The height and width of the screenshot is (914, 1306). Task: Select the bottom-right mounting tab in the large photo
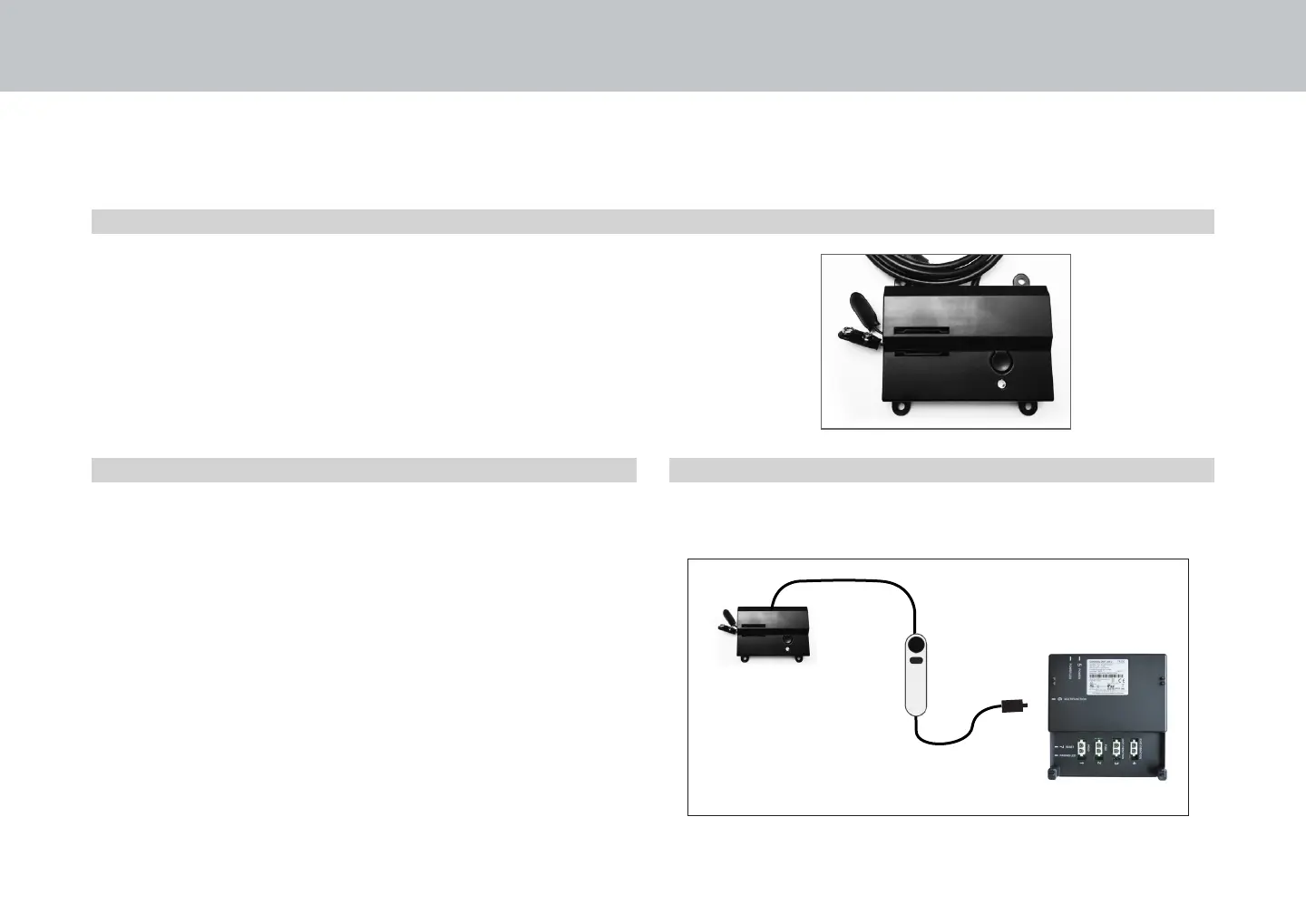click(x=1029, y=410)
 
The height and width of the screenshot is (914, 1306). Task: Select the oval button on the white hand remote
click(x=917, y=663)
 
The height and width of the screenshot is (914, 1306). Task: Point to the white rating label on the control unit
click(x=1119, y=680)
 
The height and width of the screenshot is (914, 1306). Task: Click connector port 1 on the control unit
click(x=1083, y=748)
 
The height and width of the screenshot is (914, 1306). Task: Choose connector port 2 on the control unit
click(x=1100, y=748)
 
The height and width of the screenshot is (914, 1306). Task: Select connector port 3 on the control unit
click(x=1117, y=748)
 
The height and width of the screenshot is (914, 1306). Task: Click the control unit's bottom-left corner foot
click(x=1054, y=774)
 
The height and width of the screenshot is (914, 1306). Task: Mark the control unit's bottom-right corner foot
click(x=1161, y=774)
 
